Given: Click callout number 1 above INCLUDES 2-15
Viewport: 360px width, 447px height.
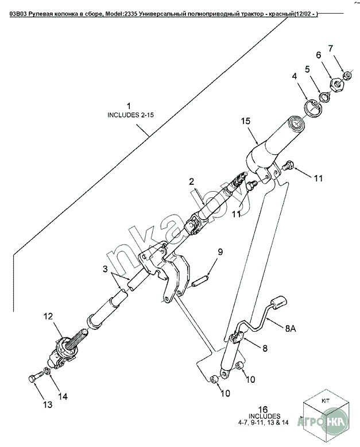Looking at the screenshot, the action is click(129, 106).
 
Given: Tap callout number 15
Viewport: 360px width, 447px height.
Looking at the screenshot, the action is click(246, 121).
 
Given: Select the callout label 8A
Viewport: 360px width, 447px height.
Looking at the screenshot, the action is click(291, 328).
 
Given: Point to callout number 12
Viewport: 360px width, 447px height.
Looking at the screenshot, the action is click(48, 316).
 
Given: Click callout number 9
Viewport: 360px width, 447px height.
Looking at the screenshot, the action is click(220, 252).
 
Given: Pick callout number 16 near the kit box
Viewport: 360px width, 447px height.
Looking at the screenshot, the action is click(263, 410).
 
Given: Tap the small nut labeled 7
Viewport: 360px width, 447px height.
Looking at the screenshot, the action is click(347, 75).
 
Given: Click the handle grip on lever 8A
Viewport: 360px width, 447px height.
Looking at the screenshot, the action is click(278, 303).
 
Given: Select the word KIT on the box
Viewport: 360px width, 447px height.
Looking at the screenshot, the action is click(326, 401).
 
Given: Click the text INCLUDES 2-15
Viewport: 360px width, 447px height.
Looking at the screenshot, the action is click(130, 115).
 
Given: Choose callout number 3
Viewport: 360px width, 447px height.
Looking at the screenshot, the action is click(105, 269).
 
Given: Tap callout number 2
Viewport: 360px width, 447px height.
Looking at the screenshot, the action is click(191, 181).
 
